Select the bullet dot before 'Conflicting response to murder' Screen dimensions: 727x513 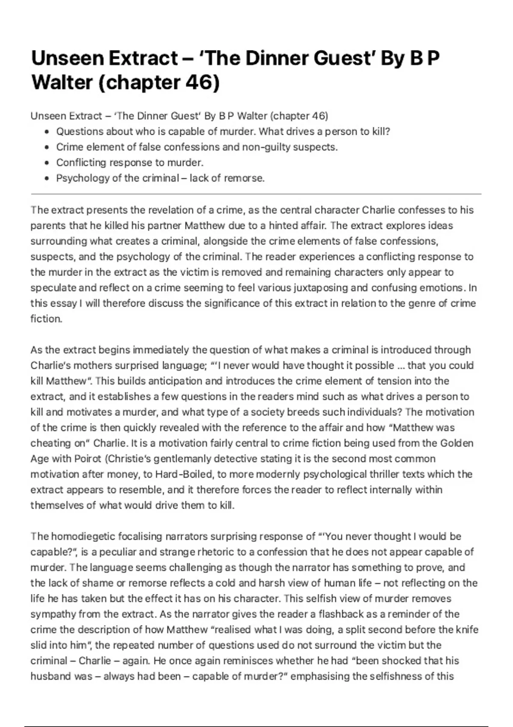coord(47,163)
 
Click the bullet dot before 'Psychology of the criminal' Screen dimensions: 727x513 coord(47,178)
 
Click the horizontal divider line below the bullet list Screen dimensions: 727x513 coord(256,194)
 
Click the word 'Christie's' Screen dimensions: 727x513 coord(128,459)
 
